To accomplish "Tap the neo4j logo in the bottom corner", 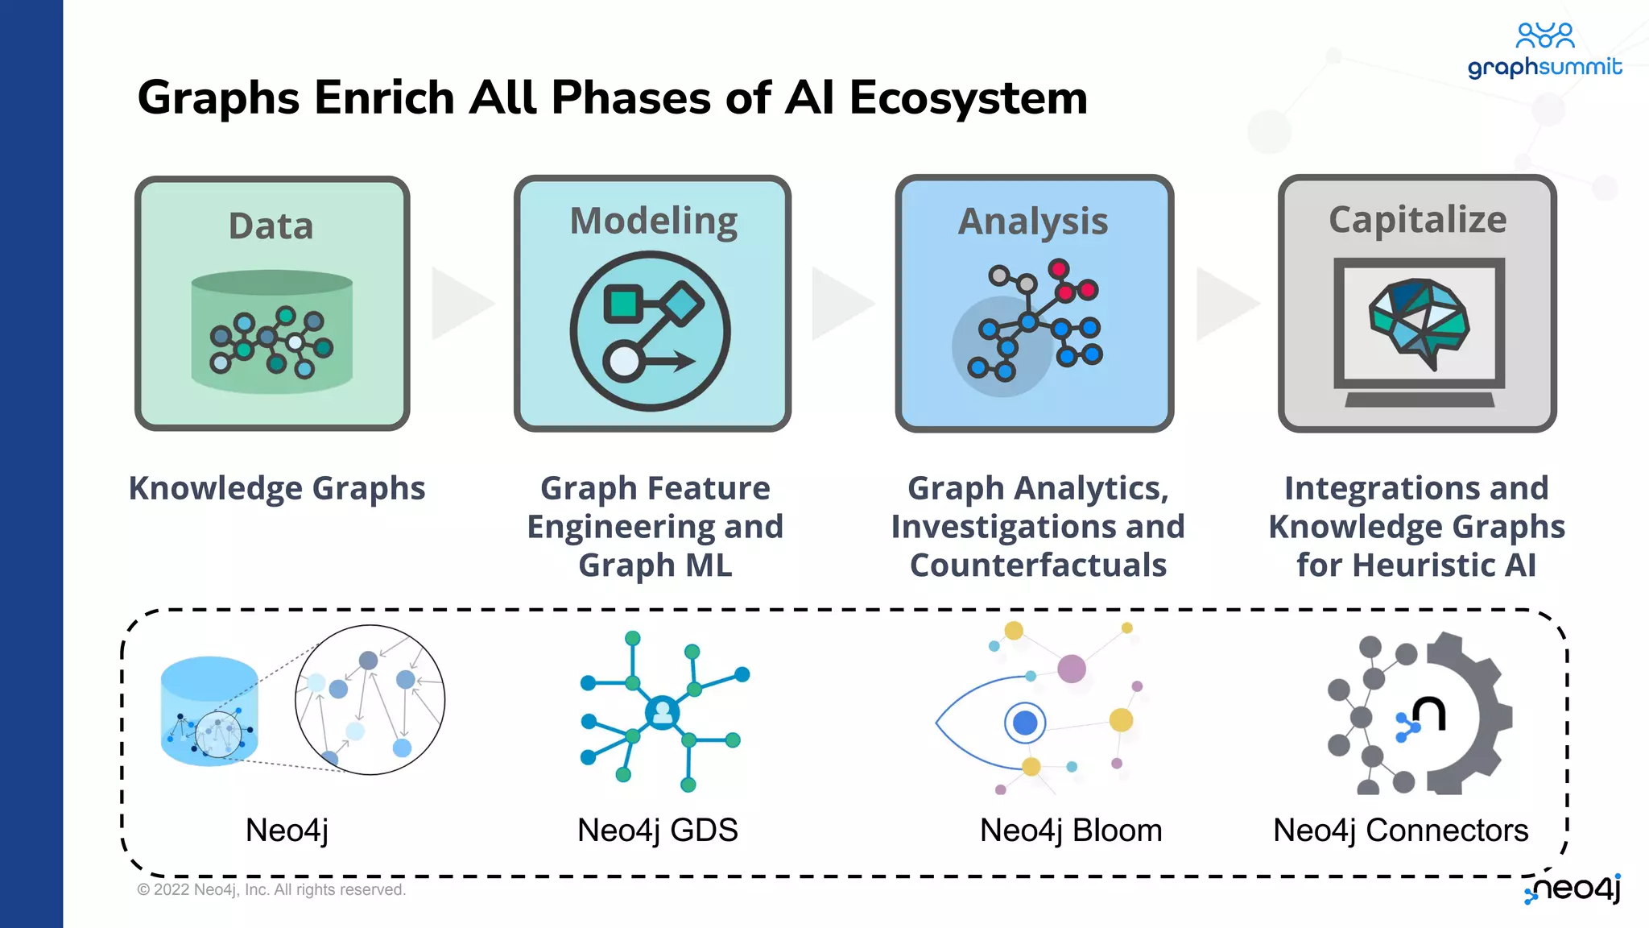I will pos(1573,888).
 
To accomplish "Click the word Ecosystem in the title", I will pos(968,98).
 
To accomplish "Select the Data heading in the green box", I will pos(271,226).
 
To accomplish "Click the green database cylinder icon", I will pos(272,333).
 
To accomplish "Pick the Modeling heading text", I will pos(653,221).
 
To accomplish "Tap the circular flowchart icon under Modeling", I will pos(651,331).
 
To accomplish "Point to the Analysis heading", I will pos(1033,222).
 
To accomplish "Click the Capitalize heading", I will pos(1417,219).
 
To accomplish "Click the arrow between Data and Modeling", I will pos(461,304).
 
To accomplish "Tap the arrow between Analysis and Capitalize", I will pos(1225,304).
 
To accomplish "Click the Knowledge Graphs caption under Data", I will pos(277,488).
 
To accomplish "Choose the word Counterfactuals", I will pos(1038,565).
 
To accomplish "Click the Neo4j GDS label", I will pos(657,830).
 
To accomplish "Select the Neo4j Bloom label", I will pos(1070,830).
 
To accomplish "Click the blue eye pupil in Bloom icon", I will pos(1025,723).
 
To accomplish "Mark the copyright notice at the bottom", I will pos(271,889).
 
